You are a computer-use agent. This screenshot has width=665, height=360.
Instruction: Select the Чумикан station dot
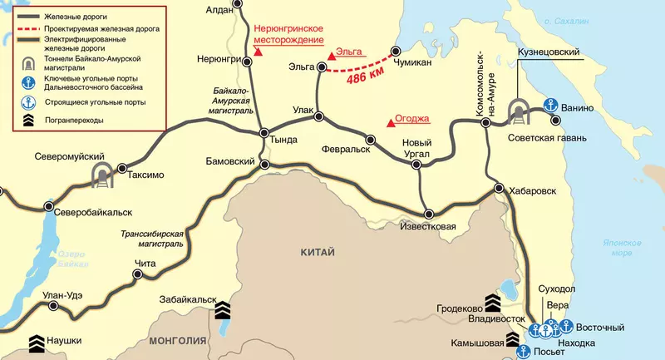pyautogui.click(x=396, y=51)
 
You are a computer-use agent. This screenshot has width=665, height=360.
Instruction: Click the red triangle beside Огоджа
pyautogui.click(x=388, y=123)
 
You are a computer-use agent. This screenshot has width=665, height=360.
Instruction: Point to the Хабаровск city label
pyautogui.click(x=534, y=190)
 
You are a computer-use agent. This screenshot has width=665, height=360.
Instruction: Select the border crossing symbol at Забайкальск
pyautogui.click(x=222, y=311)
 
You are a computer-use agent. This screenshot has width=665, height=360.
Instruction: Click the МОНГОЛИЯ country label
pyautogui.click(x=177, y=341)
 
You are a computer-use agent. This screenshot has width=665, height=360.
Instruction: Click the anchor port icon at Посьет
pyautogui.click(x=522, y=352)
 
